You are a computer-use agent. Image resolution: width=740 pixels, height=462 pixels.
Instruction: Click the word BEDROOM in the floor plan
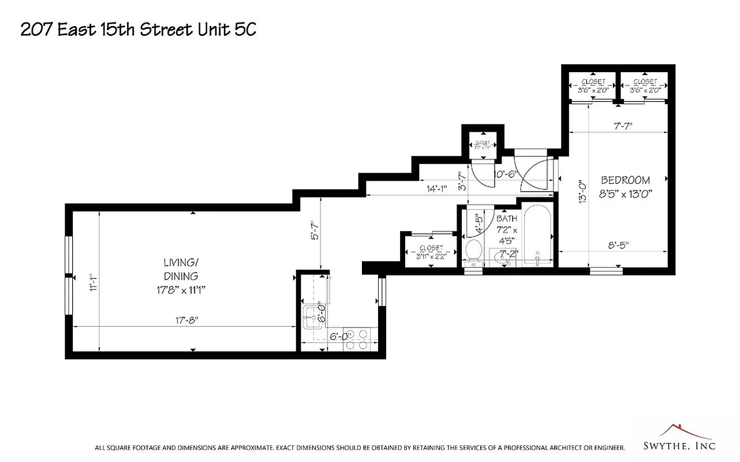click(x=625, y=180)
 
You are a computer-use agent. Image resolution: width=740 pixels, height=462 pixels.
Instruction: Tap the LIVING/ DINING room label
click(x=181, y=269)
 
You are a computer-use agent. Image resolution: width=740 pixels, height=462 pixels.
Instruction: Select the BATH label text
click(x=507, y=219)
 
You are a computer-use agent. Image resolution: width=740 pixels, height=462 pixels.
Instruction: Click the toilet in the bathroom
click(x=474, y=251)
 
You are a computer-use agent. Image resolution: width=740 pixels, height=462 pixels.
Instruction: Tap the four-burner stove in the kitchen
click(x=357, y=340)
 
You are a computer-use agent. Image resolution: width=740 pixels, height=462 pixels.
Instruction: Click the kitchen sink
click(x=312, y=316)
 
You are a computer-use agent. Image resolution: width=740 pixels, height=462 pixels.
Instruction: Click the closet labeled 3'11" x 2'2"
click(x=431, y=252)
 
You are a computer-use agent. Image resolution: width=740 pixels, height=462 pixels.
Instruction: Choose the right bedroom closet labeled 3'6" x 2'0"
click(x=644, y=86)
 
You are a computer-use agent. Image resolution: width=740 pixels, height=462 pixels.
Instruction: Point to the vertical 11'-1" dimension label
click(x=94, y=284)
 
